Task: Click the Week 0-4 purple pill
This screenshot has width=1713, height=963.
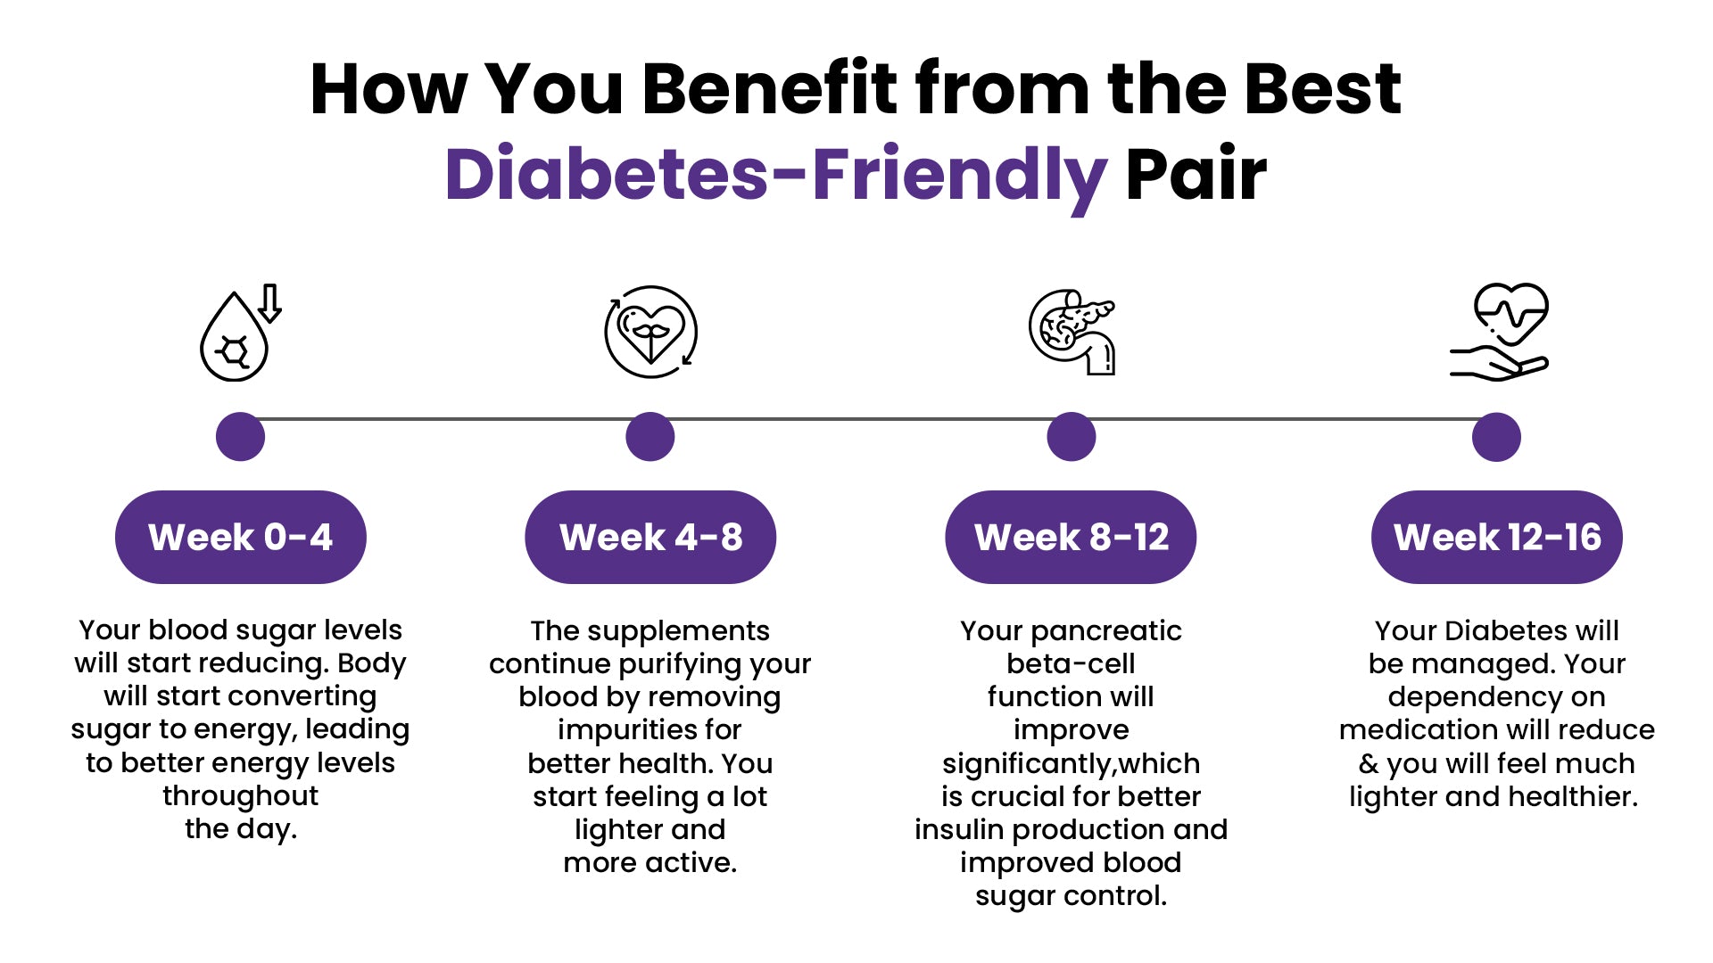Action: [x=241, y=537]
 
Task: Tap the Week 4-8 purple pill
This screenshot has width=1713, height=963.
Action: [x=650, y=537]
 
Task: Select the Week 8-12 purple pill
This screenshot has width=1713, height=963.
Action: [x=1071, y=537]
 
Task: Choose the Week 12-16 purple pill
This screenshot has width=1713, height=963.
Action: [x=1497, y=537]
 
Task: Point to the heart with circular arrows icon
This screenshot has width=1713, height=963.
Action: [x=651, y=332]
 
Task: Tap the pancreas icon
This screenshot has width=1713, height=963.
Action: [x=1072, y=332]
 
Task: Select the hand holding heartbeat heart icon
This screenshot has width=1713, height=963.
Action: [x=1499, y=332]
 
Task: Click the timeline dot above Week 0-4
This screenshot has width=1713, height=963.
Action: [x=241, y=437]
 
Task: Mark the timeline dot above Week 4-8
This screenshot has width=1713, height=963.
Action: [x=650, y=437]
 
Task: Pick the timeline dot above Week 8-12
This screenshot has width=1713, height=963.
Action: [x=1072, y=437]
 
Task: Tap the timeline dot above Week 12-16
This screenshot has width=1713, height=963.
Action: [x=1496, y=437]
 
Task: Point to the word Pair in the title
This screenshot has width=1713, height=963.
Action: [x=1196, y=173]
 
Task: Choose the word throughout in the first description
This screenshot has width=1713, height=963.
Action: [x=241, y=795]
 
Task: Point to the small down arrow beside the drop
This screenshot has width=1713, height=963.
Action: [x=269, y=303]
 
